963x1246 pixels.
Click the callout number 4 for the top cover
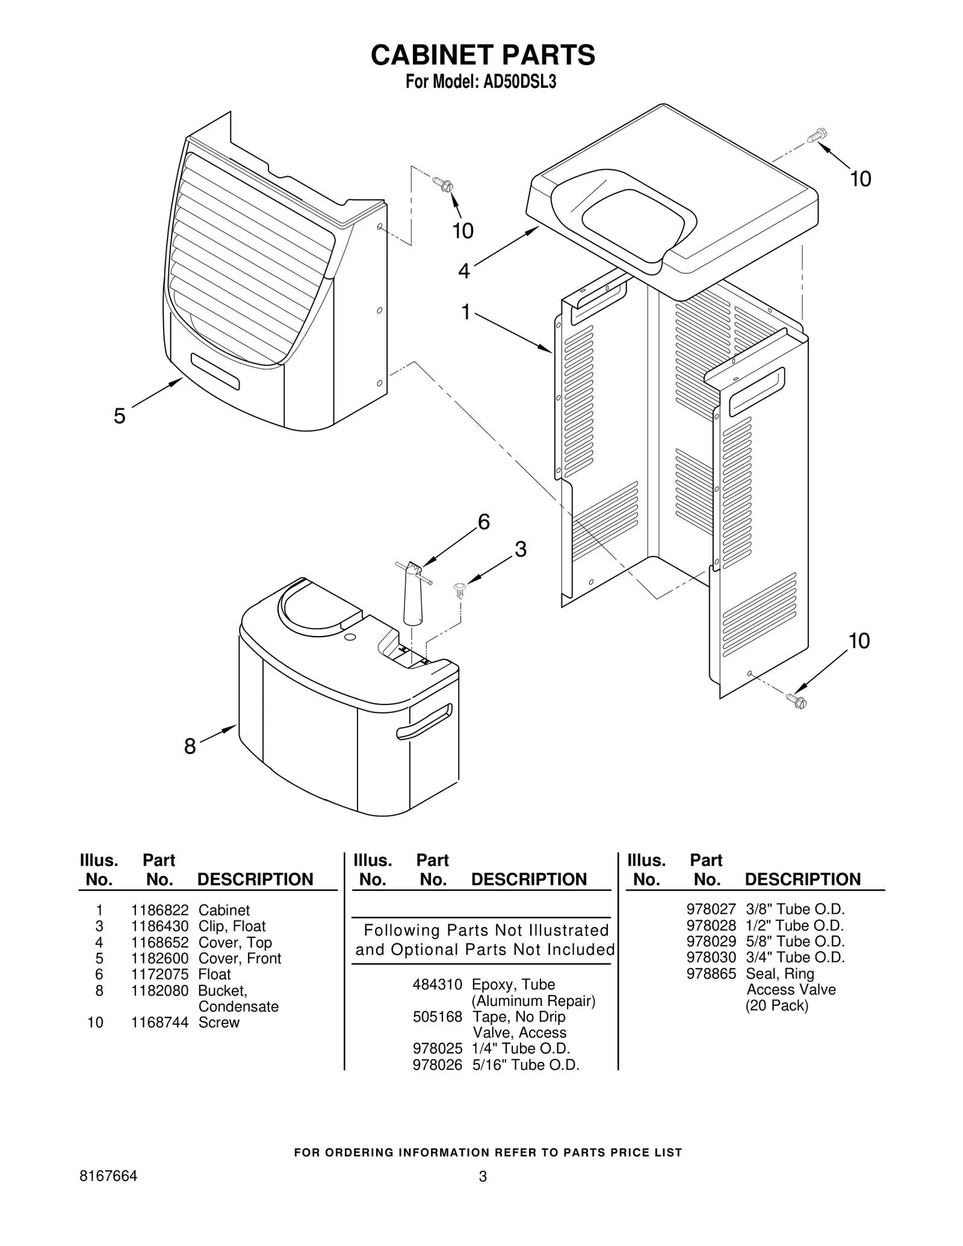[x=463, y=271]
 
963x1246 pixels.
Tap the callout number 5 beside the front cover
[x=120, y=416]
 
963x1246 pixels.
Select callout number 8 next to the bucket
[x=190, y=747]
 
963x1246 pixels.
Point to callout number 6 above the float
[x=483, y=522]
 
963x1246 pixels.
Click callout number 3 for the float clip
[x=521, y=549]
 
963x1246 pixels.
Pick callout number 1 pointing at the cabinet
[x=466, y=312]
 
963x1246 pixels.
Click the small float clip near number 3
[x=460, y=588]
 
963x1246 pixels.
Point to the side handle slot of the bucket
[x=424, y=722]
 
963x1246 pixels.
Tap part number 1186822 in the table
[x=159, y=910]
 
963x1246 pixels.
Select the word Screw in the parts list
[x=218, y=1022]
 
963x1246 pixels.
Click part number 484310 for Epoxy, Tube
[x=437, y=984]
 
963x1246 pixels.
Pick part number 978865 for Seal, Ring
[x=711, y=973]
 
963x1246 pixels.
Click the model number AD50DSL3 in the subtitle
[x=519, y=82]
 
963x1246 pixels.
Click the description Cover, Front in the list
[x=240, y=958]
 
